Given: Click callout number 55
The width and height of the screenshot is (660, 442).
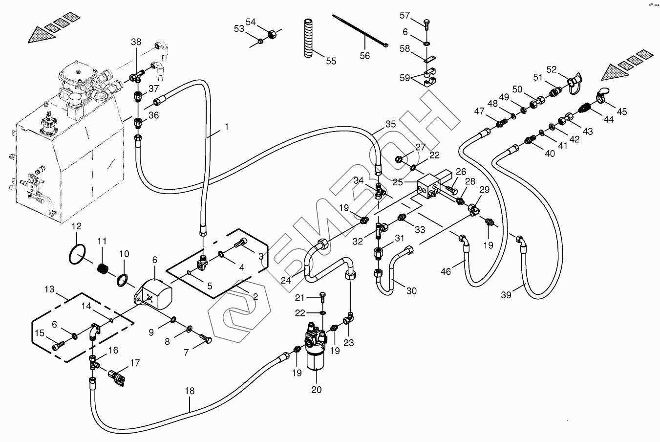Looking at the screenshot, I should (331, 61).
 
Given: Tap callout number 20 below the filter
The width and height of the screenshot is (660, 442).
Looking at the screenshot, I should (317, 389).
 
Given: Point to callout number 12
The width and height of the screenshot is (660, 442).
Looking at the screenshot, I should (76, 226).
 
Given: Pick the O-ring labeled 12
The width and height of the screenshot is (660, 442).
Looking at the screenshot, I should (78, 253).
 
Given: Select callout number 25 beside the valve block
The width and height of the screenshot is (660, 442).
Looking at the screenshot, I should (398, 182).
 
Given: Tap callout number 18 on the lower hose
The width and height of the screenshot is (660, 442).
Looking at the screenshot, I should (190, 391).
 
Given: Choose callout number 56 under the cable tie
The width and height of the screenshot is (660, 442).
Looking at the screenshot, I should (365, 56).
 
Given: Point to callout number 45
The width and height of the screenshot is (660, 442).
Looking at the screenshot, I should (621, 112).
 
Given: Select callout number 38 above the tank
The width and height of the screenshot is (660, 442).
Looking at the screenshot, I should (135, 42).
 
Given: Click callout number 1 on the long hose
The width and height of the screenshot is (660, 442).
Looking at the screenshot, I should (226, 127).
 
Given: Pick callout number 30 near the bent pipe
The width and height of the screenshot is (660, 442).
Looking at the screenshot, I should (411, 290).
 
